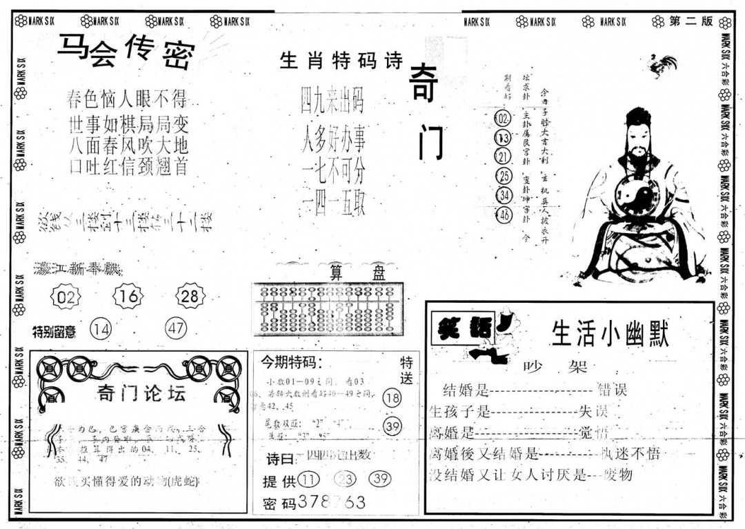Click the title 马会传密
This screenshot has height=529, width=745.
click(x=126, y=51)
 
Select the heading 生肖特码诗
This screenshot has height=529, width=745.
click(x=341, y=61)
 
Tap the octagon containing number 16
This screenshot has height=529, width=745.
click(x=128, y=297)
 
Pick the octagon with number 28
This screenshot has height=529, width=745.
click(x=190, y=297)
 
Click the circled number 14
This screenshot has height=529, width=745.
click(x=101, y=330)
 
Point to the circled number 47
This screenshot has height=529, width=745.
click(x=176, y=329)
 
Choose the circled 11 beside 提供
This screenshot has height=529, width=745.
click(x=310, y=480)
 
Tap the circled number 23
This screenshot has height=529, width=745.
click(x=346, y=480)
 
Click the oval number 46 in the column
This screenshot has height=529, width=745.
click(x=504, y=215)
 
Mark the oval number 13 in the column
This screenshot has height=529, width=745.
click(x=503, y=137)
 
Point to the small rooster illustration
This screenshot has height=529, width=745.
click(x=663, y=66)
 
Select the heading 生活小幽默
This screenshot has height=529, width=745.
click(x=610, y=335)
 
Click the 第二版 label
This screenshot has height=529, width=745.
click(x=691, y=21)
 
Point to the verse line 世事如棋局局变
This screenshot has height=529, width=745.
click(x=128, y=126)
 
